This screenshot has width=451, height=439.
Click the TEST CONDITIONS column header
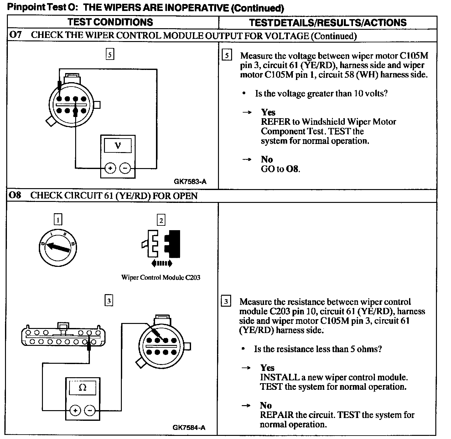[x=110, y=22]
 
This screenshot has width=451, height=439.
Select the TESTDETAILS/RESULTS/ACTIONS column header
[x=328, y=23]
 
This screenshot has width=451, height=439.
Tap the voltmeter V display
[x=118, y=146]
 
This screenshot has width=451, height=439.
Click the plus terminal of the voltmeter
[x=110, y=168]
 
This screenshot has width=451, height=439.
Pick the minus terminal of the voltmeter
[x=125, y=168]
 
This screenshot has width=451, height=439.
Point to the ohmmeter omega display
[x=82, y=388]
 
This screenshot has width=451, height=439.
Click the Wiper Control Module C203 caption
[x=161, y=278]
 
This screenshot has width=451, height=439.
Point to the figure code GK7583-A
[x=190, y=182]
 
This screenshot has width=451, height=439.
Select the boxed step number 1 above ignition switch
[x=58, y=219]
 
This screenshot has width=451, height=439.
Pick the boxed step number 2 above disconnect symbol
[x=161, y=220]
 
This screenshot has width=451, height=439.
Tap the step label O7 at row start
[x=15, y=35]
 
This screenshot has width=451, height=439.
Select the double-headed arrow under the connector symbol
[x=162, y=263]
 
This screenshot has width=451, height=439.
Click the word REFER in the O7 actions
[x=275, y=122]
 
